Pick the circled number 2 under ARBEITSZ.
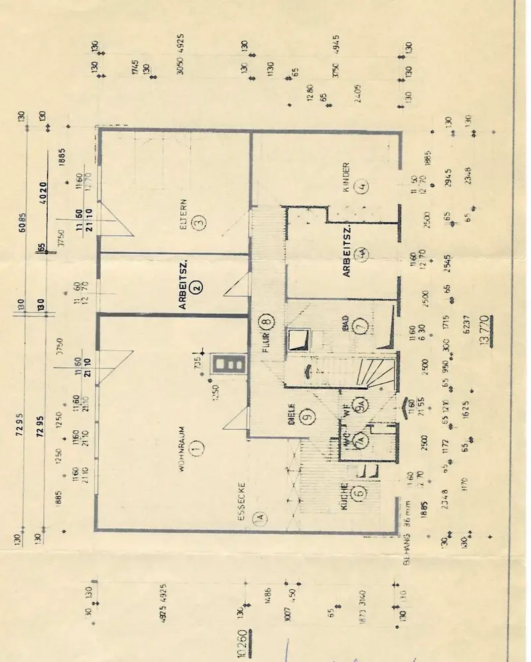click(x=197, y=286)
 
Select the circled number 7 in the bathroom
click(x=361, y=326)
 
